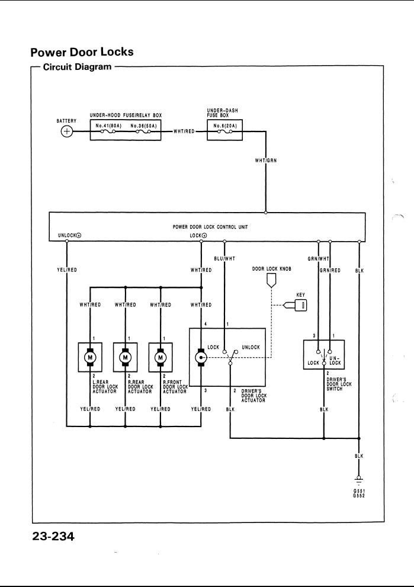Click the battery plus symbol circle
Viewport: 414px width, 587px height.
67,131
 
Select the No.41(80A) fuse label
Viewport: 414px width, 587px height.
107,125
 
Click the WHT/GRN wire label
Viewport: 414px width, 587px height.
265,161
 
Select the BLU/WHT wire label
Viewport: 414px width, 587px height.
225,259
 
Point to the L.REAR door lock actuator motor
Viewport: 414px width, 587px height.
90,358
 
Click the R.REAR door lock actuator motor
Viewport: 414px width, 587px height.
126,358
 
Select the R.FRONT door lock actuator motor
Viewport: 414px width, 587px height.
161,358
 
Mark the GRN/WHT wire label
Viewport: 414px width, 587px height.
318,259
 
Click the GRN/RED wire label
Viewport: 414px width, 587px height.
330,270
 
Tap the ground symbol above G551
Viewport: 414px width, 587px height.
358,479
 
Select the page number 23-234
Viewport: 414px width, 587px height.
53,537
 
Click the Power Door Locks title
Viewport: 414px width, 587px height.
82,52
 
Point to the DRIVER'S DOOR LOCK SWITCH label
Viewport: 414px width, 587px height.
339,386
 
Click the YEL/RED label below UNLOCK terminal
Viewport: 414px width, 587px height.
66,270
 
